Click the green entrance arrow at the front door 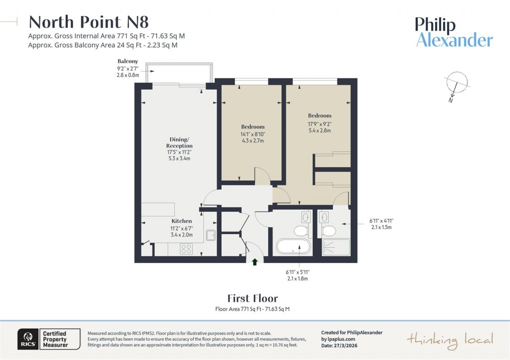255,261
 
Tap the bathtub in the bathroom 293,247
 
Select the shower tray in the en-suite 336,247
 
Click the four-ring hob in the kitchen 186,248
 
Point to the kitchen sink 210,236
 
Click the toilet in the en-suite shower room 328,231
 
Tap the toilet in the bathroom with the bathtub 300,231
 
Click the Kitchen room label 182,221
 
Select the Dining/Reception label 179,142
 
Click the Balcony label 127,61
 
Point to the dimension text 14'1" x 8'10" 253,134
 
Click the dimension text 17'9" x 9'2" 319,123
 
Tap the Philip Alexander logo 454,32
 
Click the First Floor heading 253,299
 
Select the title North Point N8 89,22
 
